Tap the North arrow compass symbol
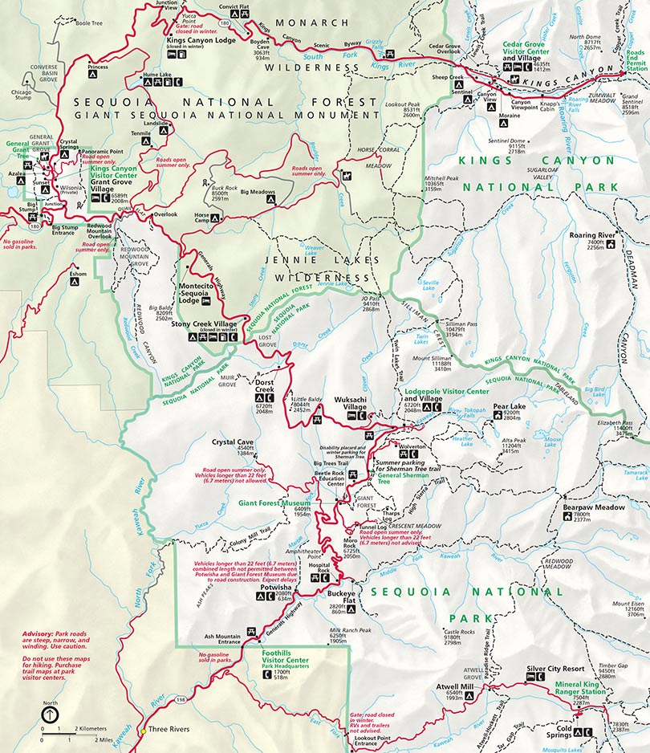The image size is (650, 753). [51, 713]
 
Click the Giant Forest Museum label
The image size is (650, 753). [274, 503]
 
